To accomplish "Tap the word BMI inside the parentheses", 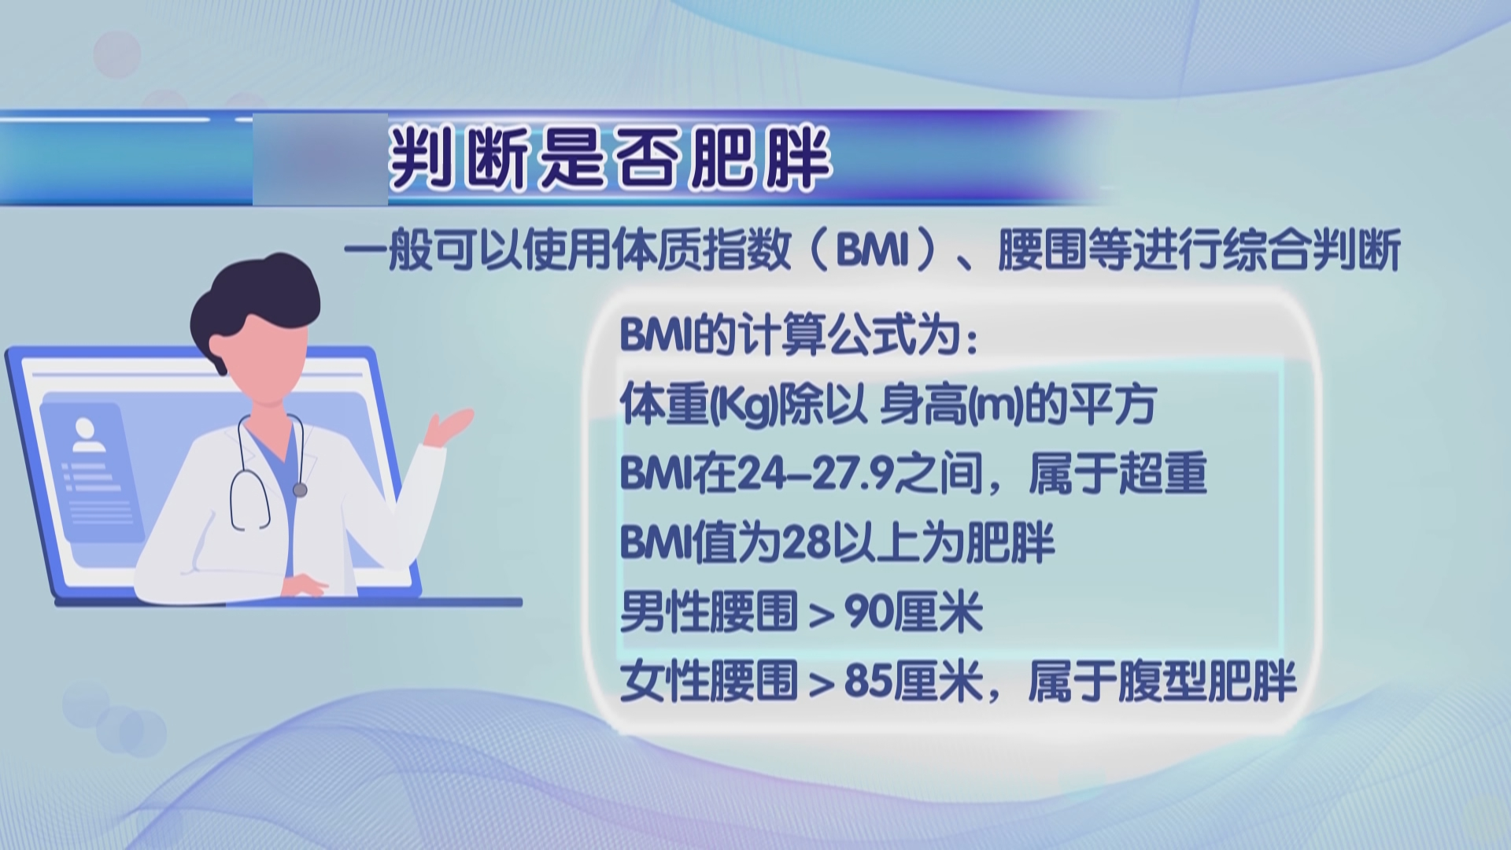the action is [873, 251].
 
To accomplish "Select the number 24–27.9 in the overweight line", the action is [814, 474].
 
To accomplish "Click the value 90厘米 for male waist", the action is [914, 612].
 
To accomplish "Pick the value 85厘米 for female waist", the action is [914, 681].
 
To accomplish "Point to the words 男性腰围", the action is [709, 612].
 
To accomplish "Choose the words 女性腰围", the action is [709, 681].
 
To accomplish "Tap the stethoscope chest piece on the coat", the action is [299, 490].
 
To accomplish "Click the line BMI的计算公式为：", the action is [800, 336].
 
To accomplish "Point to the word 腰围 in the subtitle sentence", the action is [1042, 251].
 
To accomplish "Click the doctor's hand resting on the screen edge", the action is [307, 586].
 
